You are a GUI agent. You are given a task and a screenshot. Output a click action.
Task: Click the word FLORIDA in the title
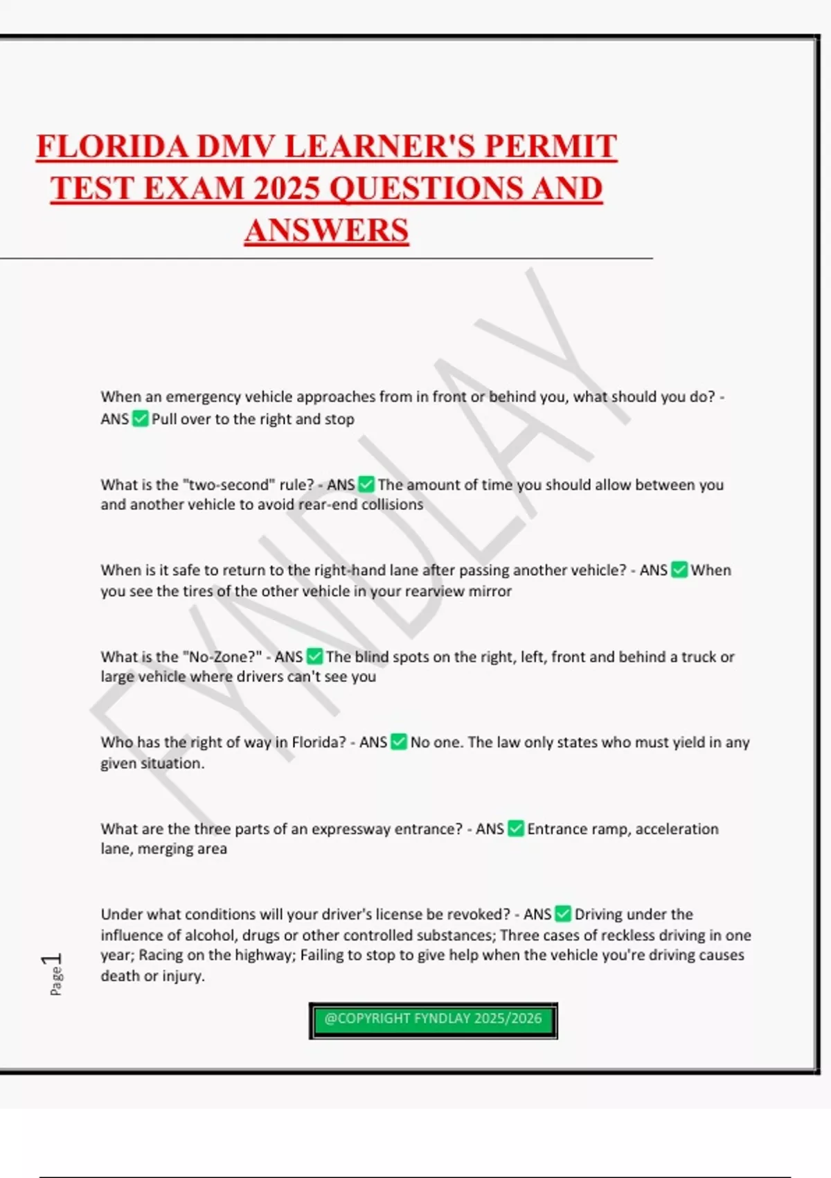(x=111, y=147)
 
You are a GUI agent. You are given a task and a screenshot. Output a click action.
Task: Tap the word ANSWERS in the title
(x=326, y=231)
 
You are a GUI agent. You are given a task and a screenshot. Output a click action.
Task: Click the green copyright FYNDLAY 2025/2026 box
(x=433, y=1019)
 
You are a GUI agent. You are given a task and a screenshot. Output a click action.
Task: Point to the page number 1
(x=53, y=960)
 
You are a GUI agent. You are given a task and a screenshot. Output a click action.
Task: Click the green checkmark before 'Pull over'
(x=140, y=419)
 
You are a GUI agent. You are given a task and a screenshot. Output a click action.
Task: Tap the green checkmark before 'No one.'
(x=399, y=742)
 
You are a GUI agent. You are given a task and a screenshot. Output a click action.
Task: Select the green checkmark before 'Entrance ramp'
(x=516, y=829)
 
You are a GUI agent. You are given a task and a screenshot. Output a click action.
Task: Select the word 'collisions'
(x=392, y=504)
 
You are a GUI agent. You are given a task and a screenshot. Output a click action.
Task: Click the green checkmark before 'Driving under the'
(x=563, y=914)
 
